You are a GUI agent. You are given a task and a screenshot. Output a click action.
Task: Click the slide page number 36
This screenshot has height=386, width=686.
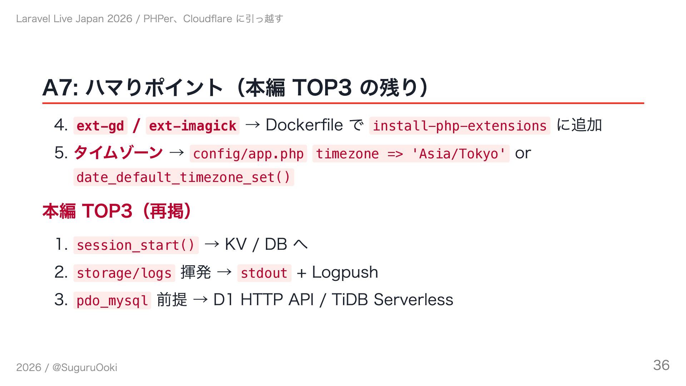[x=661, y=365]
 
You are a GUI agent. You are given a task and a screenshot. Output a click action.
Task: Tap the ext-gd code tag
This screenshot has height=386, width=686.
[x=100, y=126]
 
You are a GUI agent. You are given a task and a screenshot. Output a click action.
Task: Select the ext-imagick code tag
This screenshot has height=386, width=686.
[x=193, y=126]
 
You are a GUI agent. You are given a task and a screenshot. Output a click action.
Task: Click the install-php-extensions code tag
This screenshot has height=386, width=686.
[x=459, y=126]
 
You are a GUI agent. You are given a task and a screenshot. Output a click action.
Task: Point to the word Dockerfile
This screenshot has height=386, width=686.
[x=304, y=125]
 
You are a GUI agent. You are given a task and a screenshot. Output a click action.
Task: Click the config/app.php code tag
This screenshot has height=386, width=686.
[x=248, y=154]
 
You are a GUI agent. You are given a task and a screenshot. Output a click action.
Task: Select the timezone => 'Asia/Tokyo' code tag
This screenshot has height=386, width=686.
[x=411, y=154]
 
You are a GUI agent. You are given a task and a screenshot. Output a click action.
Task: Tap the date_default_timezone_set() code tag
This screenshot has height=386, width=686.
[x=184, y=177]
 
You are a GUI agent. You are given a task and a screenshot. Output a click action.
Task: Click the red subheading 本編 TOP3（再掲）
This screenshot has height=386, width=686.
[x=117, y=211]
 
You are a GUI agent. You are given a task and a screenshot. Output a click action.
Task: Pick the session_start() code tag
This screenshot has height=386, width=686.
[x=136, y=245]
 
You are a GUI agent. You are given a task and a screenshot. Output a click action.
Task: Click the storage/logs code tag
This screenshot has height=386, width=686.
[x=124, y=273]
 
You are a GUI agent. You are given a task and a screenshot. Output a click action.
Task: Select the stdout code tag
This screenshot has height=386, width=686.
[x=264, y=273]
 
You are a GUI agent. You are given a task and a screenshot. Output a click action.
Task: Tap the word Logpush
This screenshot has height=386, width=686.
[x=345, y=272]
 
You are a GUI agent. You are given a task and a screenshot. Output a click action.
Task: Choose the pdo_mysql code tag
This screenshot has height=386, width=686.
[x=112, y=301]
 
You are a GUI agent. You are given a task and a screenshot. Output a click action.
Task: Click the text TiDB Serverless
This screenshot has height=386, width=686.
[x=392, y=300]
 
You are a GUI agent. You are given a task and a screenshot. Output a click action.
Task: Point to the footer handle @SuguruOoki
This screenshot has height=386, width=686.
[x=85, y=367]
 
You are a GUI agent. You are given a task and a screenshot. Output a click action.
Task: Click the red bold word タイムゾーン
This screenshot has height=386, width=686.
[x=118, y=153]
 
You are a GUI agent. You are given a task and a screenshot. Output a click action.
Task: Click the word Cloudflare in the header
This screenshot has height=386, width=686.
[x=208, y=19]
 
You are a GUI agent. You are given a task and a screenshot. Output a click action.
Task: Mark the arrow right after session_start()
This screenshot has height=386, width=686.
[x=212, y=244]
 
